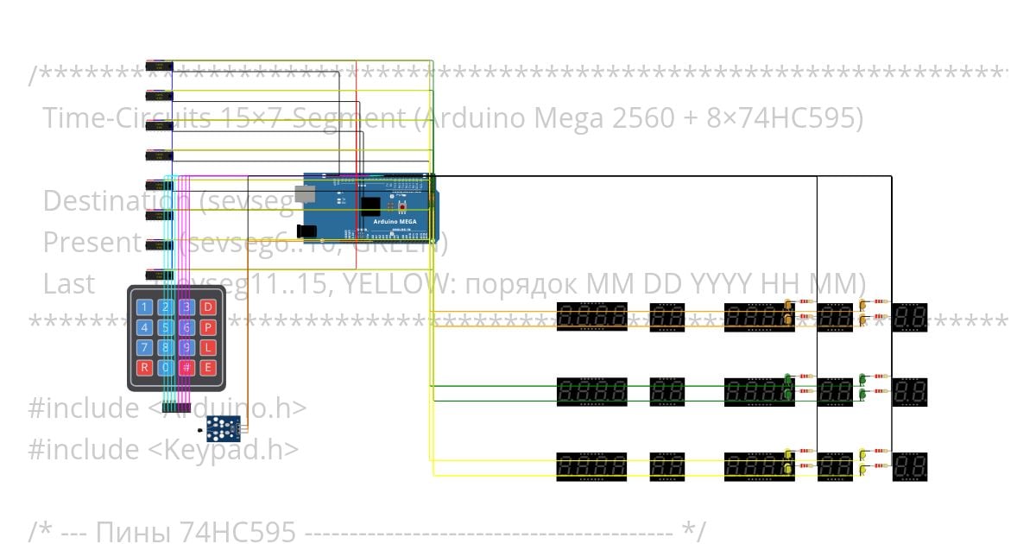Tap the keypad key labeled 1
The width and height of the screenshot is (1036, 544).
coord(144,307)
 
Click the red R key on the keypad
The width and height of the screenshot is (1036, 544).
coord(144,368)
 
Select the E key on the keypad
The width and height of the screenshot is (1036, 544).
coord(208,368)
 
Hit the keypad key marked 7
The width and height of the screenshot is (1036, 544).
coord(144,348)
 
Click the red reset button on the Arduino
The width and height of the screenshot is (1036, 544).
coord(401,208)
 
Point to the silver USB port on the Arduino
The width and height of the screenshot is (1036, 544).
coord(306,195)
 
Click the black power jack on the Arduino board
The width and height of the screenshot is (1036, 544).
coord(306,231)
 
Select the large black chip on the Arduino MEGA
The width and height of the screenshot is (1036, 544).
coord(371,207)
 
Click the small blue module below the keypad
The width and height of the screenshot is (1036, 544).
coord(223,425)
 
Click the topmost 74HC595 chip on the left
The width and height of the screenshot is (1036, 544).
coord(160,66)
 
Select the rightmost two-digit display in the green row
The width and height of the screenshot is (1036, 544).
coord(910,391)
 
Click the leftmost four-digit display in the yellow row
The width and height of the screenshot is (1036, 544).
coord(591,466)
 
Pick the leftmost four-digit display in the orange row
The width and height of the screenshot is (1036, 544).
coord(591,317)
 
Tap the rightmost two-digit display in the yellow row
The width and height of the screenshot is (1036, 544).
coord(910,466)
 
